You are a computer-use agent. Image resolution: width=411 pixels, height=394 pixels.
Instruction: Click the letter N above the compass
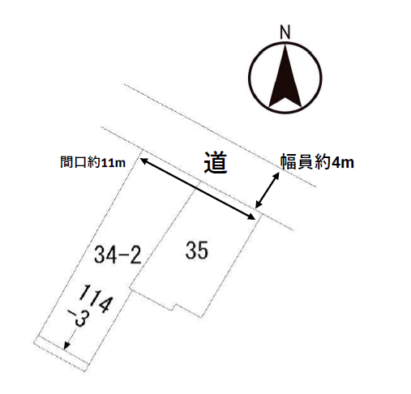pyautogui.click(x=285, y=32)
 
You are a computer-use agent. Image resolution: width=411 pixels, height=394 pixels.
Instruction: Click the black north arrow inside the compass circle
pyautogui.click(x=285, y=79)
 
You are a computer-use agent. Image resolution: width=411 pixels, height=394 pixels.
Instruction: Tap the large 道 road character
pyautogui.click(x=216, y=163)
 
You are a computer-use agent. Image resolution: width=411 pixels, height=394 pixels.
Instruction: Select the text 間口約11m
pyautogui.click(x=92, y=163)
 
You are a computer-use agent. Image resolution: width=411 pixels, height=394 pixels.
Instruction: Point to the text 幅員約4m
pyautogui.click(x=318, y=162)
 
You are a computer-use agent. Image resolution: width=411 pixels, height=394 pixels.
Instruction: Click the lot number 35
pyautogui.click(x=197, y=251)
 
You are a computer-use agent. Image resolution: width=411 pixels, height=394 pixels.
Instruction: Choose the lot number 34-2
pyautogui.click(x=118, y=255)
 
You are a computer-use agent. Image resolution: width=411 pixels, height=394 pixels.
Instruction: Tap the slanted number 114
pyautogui.click(x=96, y=298)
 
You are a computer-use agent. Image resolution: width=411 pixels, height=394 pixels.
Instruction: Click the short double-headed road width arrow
pyautogui.click(x=268, y=191)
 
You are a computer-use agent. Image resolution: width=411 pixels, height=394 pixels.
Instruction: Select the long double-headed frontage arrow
pyautogui.click(x=198, y=189)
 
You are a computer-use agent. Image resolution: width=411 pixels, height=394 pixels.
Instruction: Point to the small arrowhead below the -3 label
pyautogui.click(x=66, y=345)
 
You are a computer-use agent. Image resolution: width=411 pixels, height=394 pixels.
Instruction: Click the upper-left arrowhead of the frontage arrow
pyautogui.click(x=143, y=161)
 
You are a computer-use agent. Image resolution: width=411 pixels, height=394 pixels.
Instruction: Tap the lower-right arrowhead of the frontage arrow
pyautogui.click(x=252, y=217)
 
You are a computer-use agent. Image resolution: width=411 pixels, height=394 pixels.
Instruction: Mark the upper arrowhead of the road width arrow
pyautogui.click(x=276, y=175)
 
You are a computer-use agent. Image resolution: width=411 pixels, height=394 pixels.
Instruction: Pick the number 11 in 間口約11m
pyautogui.click(x=107, y=163)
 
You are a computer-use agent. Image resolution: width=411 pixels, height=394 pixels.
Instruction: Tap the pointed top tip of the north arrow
pyautogui.click(x=285, y=45)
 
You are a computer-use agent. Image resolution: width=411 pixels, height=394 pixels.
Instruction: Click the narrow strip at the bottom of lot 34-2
pyautogui.click(x=61, y=353)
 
